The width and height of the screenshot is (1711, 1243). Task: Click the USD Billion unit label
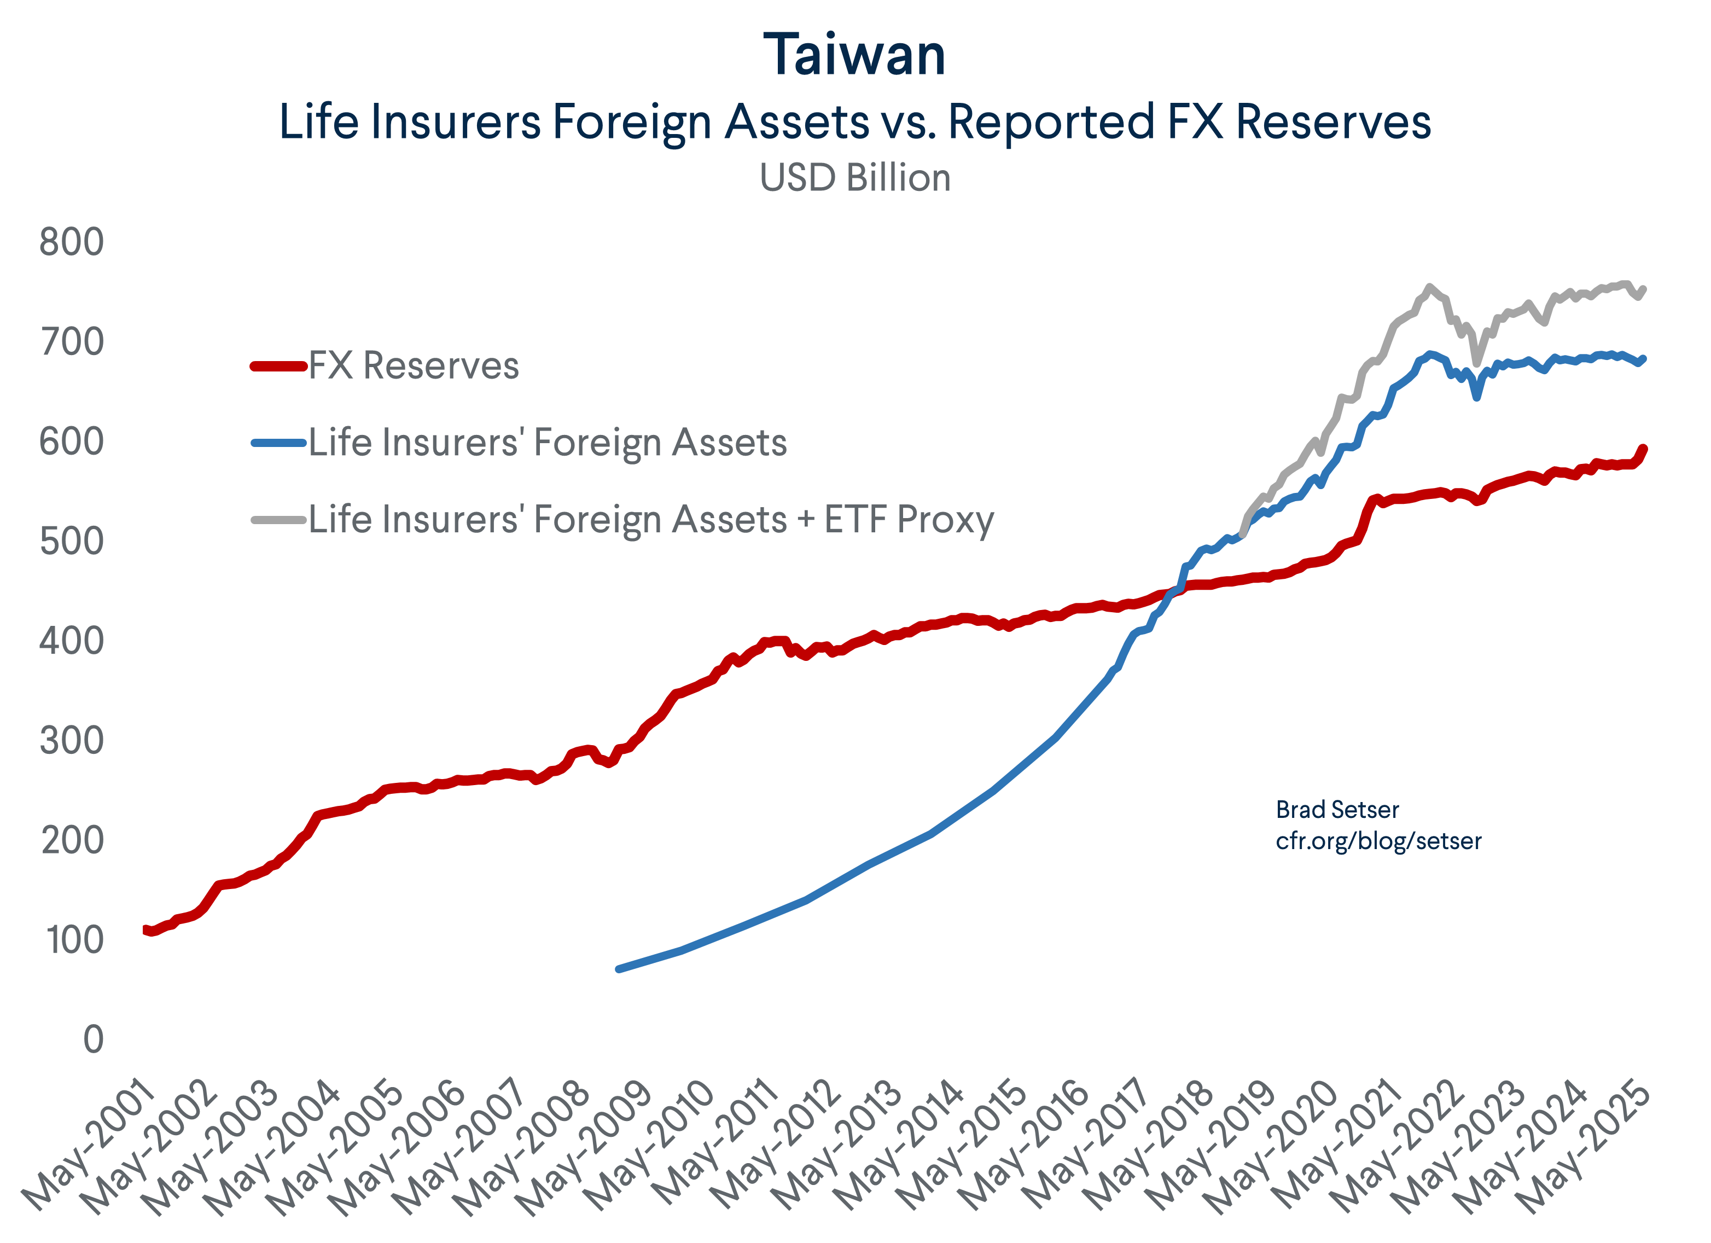click(x=855, y=178)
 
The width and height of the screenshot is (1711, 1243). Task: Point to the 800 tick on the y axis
click(x=71, y=242)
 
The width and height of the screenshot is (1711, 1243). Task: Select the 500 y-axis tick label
click(x=71, y=541)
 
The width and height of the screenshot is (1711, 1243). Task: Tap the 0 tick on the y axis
click(x=93, y=1039)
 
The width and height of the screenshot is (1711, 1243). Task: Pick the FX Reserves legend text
click(x=414, y=366)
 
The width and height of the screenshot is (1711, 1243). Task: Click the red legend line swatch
click(x=278, y=366)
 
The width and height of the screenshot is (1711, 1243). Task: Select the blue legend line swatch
click(x=278, y=443)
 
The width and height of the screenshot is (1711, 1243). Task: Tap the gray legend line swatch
click(x=278, y=519)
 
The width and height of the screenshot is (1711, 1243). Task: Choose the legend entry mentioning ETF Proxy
click(x=651, y=519)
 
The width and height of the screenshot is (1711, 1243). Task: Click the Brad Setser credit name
click(x=1337, y=810)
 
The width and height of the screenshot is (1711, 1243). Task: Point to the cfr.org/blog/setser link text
click(x=1378, y=841)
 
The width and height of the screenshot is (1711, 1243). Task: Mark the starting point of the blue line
click(x=619, y=969)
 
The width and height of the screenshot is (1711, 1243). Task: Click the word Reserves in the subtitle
click(x=1333, y=121)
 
